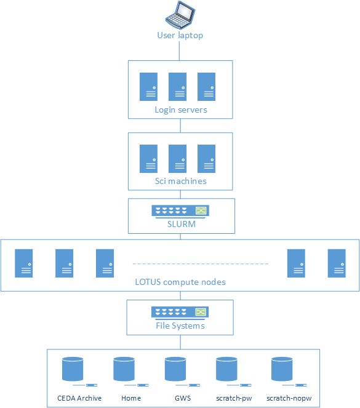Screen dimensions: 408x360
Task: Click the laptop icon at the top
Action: pyautogui.click(x=180, y=15)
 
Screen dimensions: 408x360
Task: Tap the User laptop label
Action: pyautogui.click(x=180, y=35)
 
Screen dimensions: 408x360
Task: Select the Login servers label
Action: pyautogui.click(x=180, y=110)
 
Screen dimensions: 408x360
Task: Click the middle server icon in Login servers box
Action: pyautogui.click(x=177, y=86)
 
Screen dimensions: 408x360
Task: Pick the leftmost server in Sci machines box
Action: pyautogui.click(x=148, y=158)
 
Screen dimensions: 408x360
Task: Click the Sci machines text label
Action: pyautogui.click(x=180, y=182)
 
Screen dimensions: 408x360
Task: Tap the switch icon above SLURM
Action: pyautogui.click(x=180, y=211)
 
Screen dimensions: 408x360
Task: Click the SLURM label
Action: pyautogui.click(x=181, y=224)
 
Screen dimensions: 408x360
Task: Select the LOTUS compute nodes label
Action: pyautogui.click(x=180, y=282)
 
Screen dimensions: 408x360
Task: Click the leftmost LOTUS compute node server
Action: pyautogui.click(x=24, y=263)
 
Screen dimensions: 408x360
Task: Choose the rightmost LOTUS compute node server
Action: pyautogui.click(x=337, y=263)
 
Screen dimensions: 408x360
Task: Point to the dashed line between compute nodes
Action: pyautogui.click(x=201, y=264)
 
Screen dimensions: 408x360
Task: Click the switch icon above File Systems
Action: pyautogui.click(x=180, y=312)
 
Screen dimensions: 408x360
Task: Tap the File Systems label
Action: pyautogui.click(x=180, y=326)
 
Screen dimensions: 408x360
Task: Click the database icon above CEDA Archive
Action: pyautogui.click(x=73, y=370)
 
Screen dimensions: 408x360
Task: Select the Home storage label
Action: pyautogui.click(x=131, y=398)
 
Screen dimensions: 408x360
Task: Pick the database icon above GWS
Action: pyautogui.click(x=175, y=370)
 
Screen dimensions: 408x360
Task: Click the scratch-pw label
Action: pyautogui.click(x=233, y=398)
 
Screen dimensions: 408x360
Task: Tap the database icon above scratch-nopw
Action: pyautogui.click(x=282, y=370)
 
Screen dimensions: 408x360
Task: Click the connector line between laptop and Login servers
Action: pyautogui.click(x=180, y=50)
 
